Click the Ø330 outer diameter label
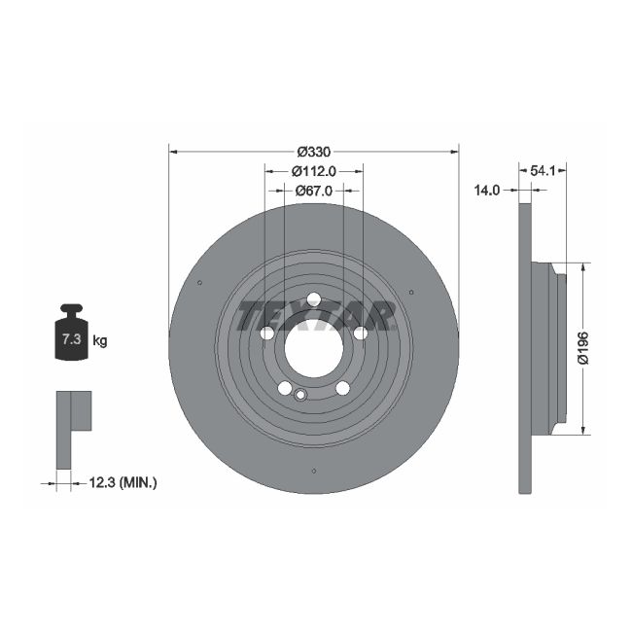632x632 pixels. click(x=313, y=151)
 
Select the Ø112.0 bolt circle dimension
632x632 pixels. click(x=313, y=171)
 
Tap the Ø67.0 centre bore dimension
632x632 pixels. click(x=313, y=192)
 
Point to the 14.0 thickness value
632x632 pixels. click(x=486, y=191)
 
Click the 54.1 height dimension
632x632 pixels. click(x=543, y=170)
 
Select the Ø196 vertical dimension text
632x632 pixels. click(x=583, y=347)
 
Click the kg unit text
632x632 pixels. click(x=100, y=340)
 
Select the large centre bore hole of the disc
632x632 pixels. click(x=313, y=345)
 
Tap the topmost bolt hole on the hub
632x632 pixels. click(x=313, y=299)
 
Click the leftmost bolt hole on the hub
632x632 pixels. click(x=267, y=334)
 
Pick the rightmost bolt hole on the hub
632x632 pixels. click(x=360, y=334)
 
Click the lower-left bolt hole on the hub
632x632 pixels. click(x=285, y=388)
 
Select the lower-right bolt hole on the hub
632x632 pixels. click(x=342, y=388)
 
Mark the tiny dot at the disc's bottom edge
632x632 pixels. click(x=313, y=472)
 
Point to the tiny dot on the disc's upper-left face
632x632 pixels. click(x=199, y=283)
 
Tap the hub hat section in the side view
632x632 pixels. click(x=550, y=347)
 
